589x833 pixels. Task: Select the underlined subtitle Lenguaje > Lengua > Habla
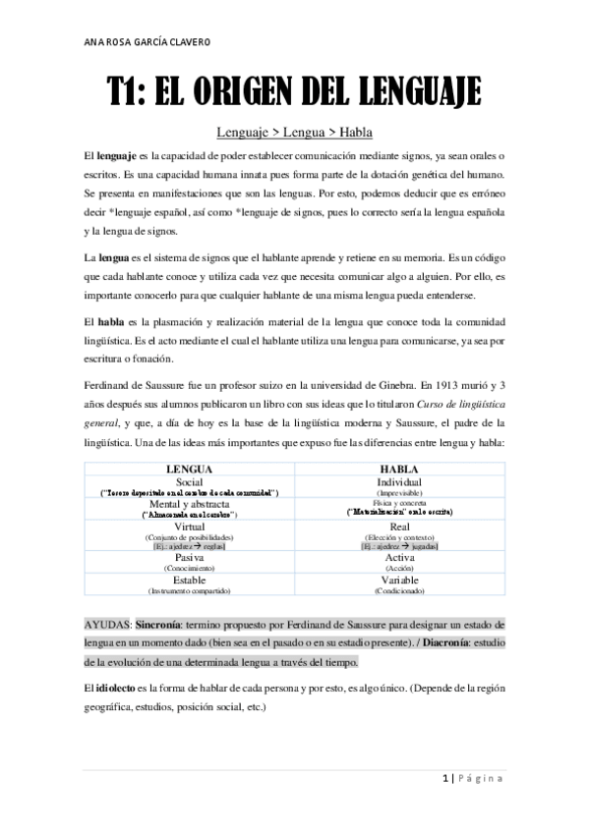(294, 132)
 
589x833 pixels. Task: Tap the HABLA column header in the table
(399, 470)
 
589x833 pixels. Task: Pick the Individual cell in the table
(399, 482)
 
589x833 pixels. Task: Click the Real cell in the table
(399, 528)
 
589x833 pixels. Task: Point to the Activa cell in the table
(399, 558)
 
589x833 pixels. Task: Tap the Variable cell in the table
(399, 581)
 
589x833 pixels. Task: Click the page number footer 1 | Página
(471, 779)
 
